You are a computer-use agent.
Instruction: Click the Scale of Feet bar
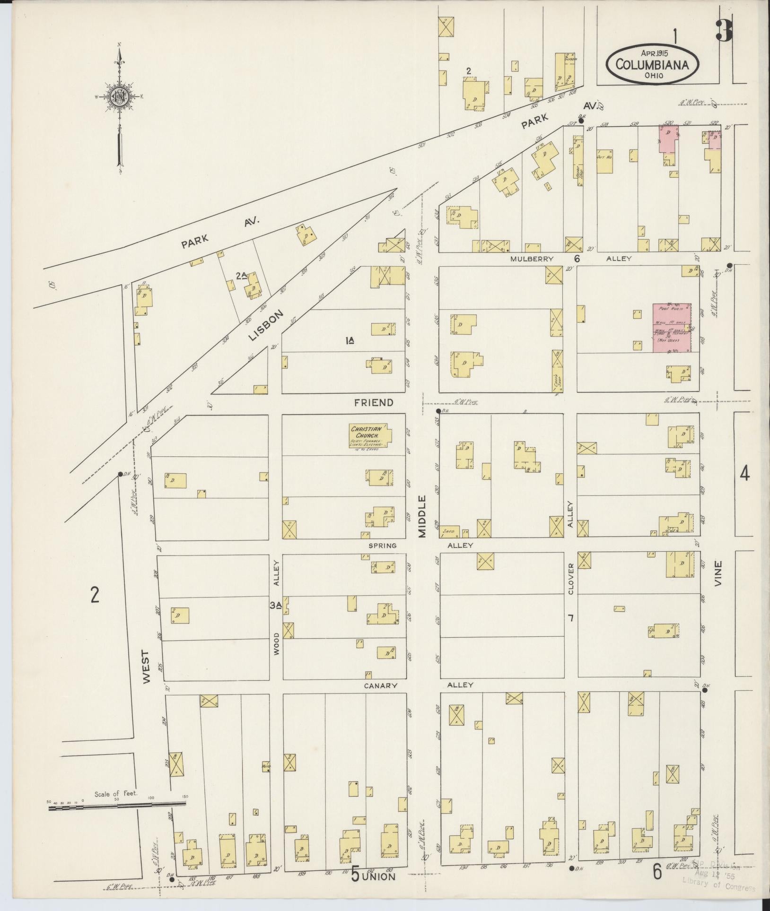(118, 477)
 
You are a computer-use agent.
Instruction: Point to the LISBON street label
(266, 326)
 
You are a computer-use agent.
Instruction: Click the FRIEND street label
(374, 403)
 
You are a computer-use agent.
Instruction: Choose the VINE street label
(719, 573)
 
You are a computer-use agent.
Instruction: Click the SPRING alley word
(383, 546)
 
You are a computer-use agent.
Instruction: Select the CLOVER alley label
(571, 579)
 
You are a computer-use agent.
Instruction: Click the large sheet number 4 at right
(744, 473)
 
